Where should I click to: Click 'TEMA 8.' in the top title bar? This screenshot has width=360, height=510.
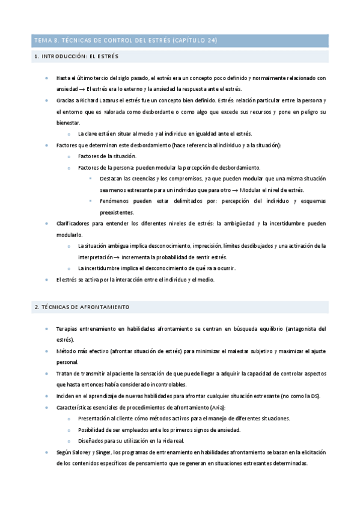point(45,41)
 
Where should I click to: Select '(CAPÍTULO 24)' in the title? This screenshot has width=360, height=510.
point(195,41)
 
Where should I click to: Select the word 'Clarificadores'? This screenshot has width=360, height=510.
point(73,223)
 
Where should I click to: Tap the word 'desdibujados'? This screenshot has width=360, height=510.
point(254,245)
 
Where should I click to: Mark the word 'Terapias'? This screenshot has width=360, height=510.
point(67,329)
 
